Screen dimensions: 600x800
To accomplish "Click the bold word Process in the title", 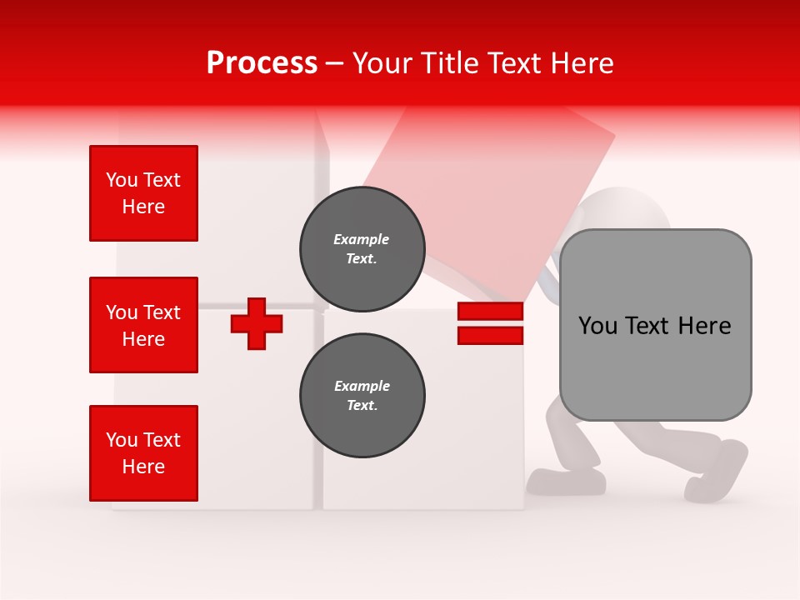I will point(262,63).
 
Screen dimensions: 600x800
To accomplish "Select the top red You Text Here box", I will point(143,193).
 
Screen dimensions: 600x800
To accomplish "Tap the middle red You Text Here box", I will point(143,325).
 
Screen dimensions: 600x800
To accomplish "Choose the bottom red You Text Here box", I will point(143,453).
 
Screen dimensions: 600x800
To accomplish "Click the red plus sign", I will point(257,323).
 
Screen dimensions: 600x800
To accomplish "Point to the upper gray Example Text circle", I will point(362,249).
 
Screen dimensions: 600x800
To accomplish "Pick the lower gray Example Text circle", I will point(362,396).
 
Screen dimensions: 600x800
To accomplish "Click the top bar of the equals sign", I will point(490,312).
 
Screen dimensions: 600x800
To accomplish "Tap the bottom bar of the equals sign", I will point(490,335).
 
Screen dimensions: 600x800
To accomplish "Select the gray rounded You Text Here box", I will point(655,325).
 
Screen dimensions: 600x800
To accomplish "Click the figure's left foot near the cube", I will point(567,480).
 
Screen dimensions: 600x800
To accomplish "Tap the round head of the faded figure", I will point(625,212).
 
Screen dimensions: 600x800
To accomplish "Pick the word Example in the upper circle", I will point(362,239).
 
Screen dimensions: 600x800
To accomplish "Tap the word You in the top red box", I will point(121,180).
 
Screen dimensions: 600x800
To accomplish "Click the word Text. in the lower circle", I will point(362,406).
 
